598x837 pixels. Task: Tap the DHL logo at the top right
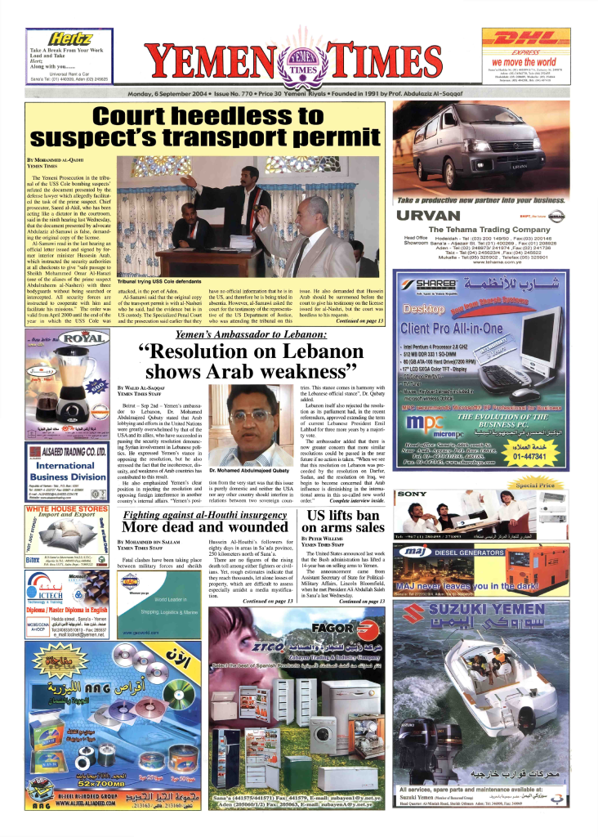[x=523, y=40]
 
